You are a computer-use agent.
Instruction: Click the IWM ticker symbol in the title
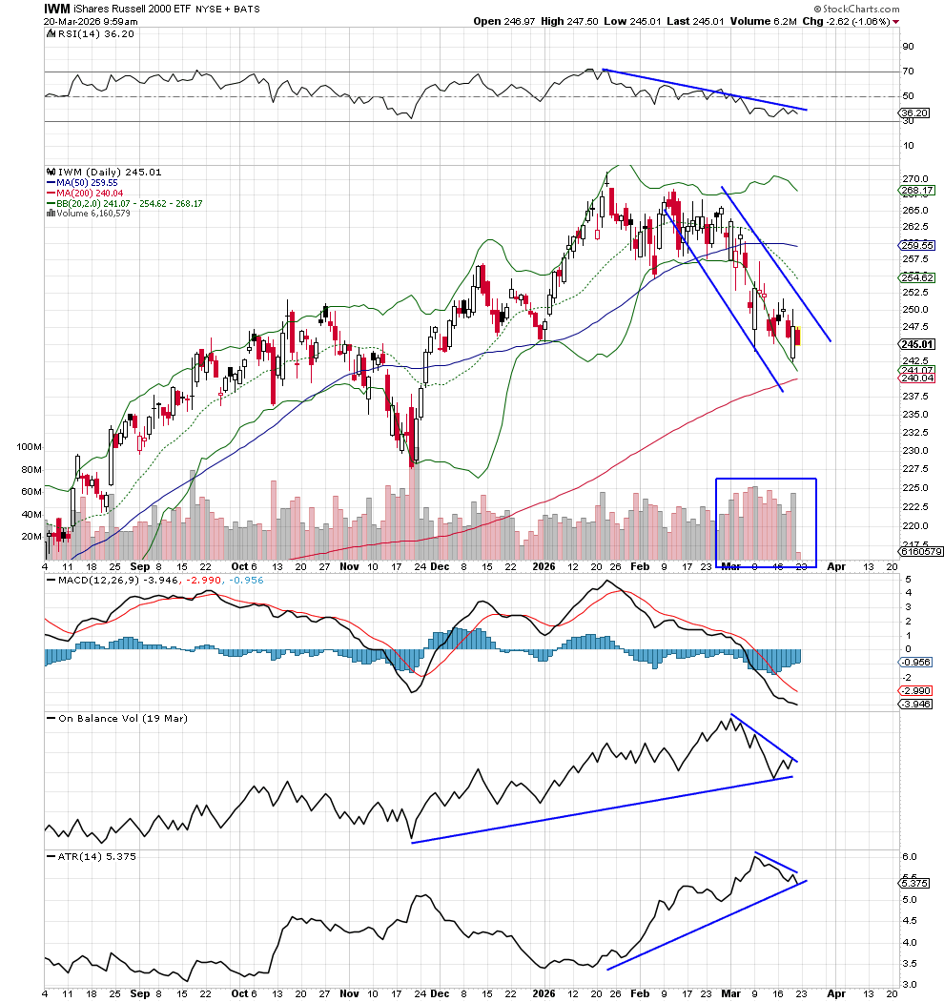point(56,8)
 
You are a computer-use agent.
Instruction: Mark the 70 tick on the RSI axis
point(909,72)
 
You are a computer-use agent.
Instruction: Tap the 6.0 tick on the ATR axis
point(910,857)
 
